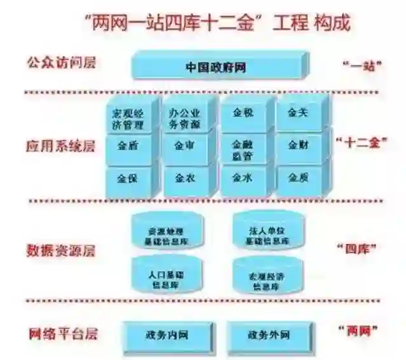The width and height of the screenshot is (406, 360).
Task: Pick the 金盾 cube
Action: click(128, 147)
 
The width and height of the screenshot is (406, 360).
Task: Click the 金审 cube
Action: click(184, 147)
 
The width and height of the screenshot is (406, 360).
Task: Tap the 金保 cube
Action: click(128, 178)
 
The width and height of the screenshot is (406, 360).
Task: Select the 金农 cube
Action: click(184, 178)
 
